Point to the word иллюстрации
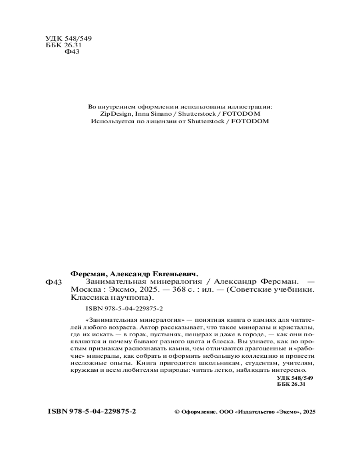pos(250,107)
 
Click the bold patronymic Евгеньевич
pos(173,273)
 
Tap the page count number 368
pos(187,289)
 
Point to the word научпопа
pos(134,297)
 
